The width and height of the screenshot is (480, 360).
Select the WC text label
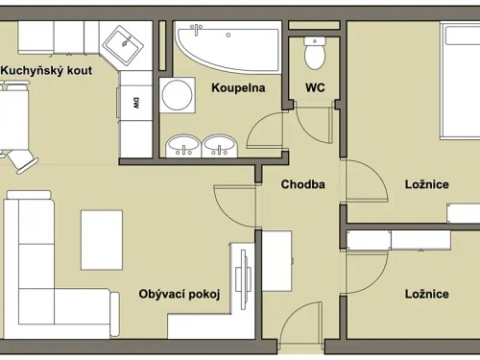315,87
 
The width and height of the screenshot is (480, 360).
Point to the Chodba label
302,184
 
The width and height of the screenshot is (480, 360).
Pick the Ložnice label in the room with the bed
426,184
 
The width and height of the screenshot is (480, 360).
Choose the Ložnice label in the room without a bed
426,295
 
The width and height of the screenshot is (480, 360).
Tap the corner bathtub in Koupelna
223,45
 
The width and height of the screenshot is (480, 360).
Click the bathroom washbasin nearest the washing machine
182,146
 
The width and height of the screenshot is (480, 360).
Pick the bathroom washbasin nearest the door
220,146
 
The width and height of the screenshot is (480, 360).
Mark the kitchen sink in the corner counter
122,43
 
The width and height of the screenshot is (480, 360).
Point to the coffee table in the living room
102,239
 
